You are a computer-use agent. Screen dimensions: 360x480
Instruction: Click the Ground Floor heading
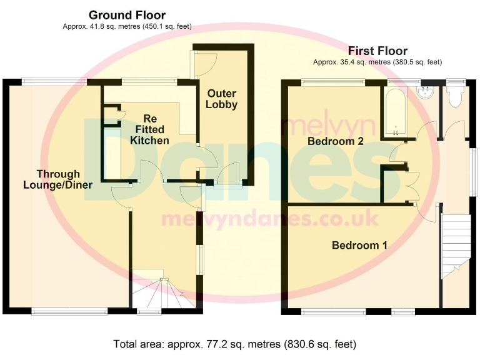(x=127, y=15)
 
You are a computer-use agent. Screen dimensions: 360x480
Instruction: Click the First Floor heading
(x=377, y=51)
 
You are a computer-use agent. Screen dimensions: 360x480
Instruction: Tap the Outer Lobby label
(x=222, y=99)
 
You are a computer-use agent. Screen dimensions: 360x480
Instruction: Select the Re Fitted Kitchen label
(x=149, y=129)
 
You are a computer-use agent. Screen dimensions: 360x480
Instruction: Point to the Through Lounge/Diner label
(x=57, y=179)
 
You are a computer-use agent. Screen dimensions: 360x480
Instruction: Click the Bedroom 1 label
(x=359, y=245)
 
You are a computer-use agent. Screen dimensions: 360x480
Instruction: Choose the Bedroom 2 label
(x=336, y=141)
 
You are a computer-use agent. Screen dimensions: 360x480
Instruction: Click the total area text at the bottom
(x=234, y=344)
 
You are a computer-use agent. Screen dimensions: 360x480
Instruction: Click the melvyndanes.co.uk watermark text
(x=269, y=219)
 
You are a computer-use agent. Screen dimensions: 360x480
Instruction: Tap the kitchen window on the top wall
(x=149, y=81)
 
